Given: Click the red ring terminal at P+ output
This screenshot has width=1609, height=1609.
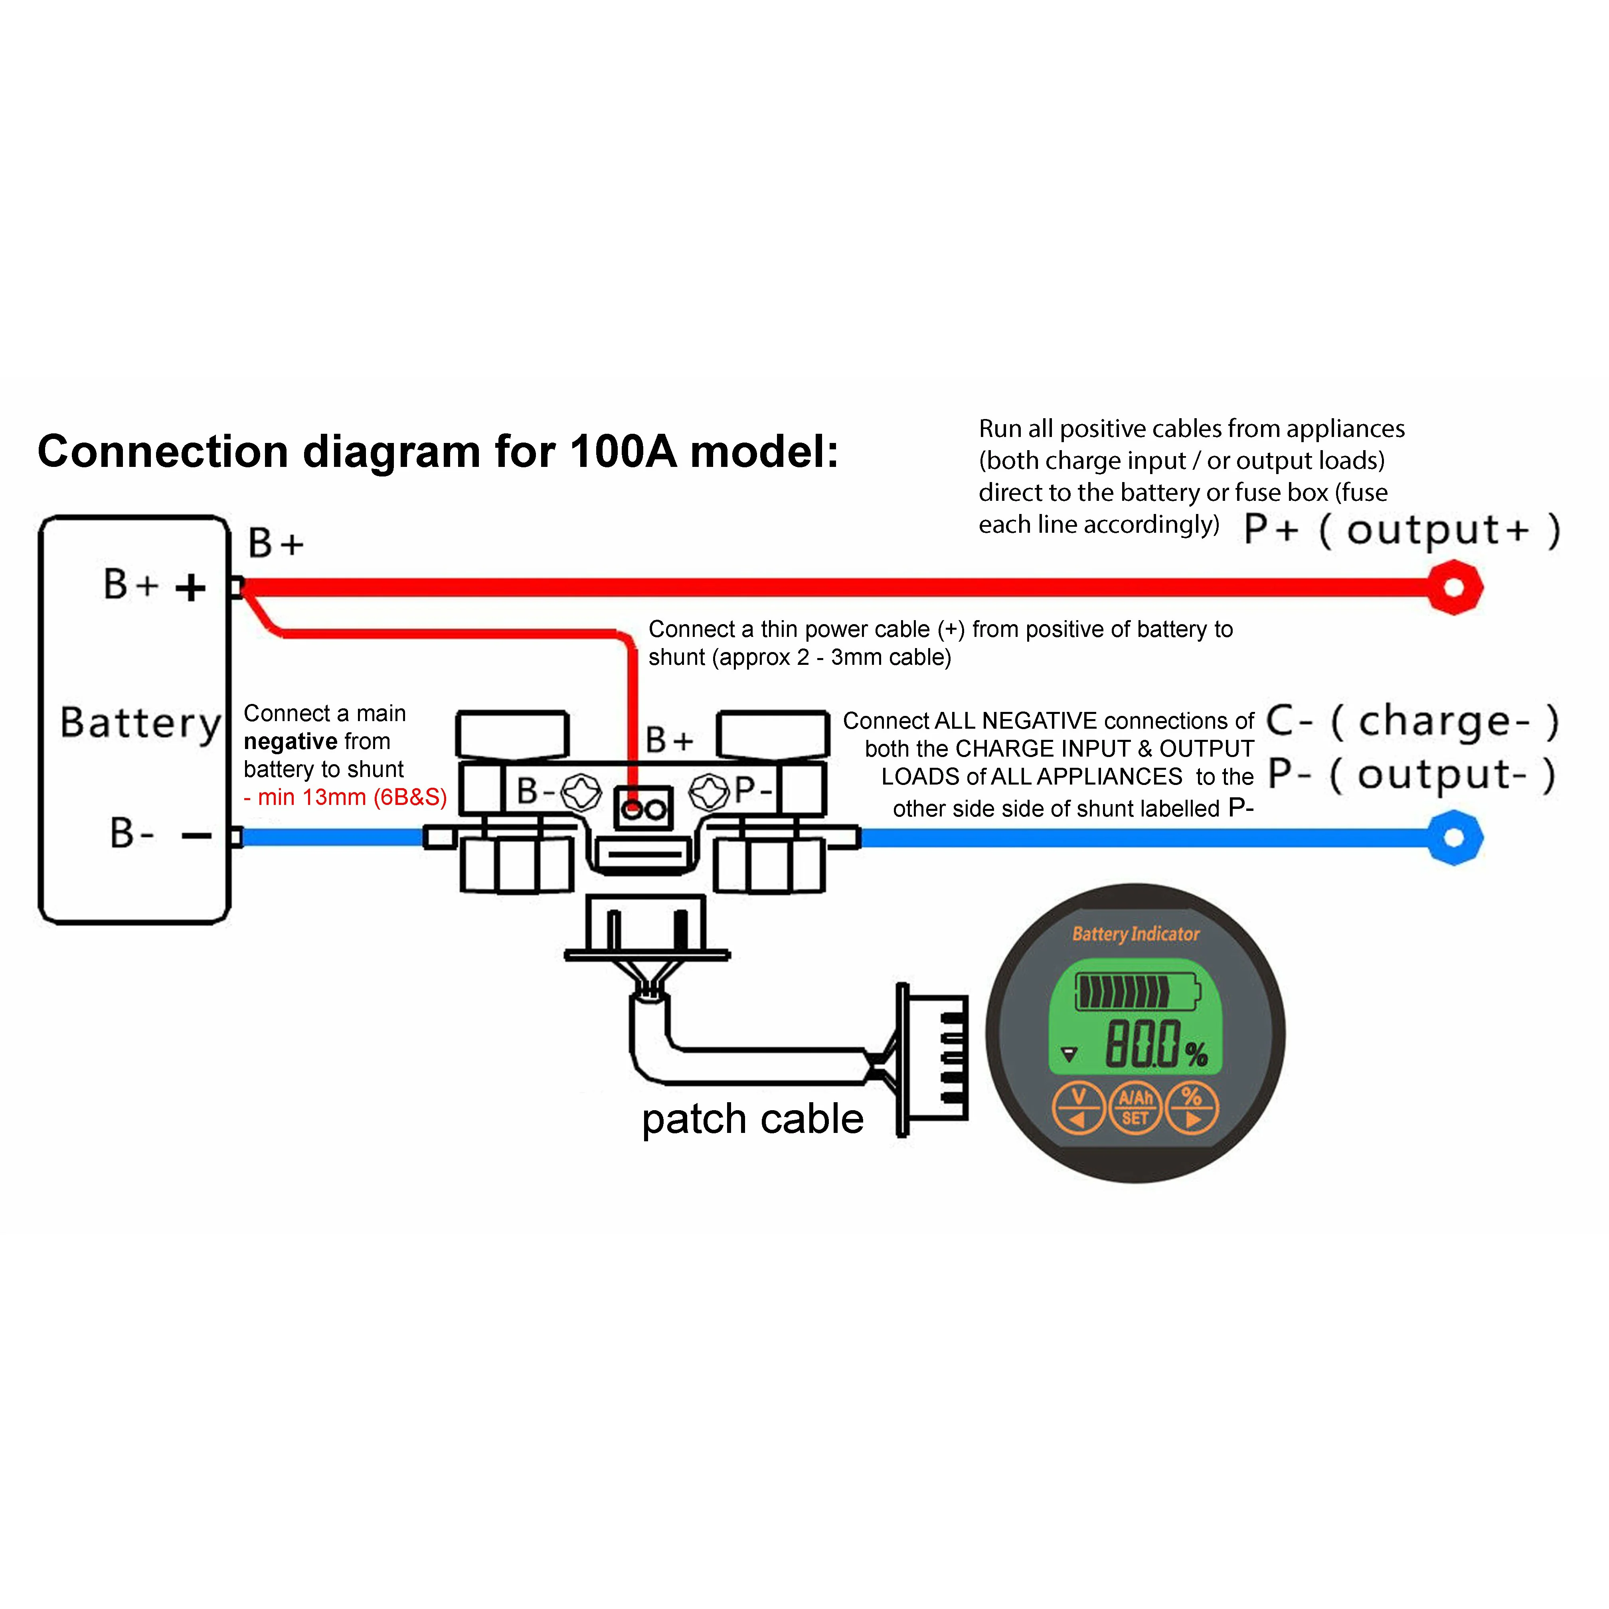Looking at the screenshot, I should click(x=1453, y=588).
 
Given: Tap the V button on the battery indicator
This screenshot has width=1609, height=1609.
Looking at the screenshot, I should click(x=1078, y=1108).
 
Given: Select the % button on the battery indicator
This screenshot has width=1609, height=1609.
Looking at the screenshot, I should click(x=1192, y=1108).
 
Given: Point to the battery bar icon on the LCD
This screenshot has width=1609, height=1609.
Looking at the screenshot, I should click(x=1137, y=991).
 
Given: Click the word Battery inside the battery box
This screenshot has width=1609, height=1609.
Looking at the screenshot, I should click(x=140, y=723).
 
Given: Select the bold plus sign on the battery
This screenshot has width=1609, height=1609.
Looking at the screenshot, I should click(x=191, y=588).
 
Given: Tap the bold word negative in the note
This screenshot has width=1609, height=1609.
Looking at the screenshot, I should click(x=290, y=741).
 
